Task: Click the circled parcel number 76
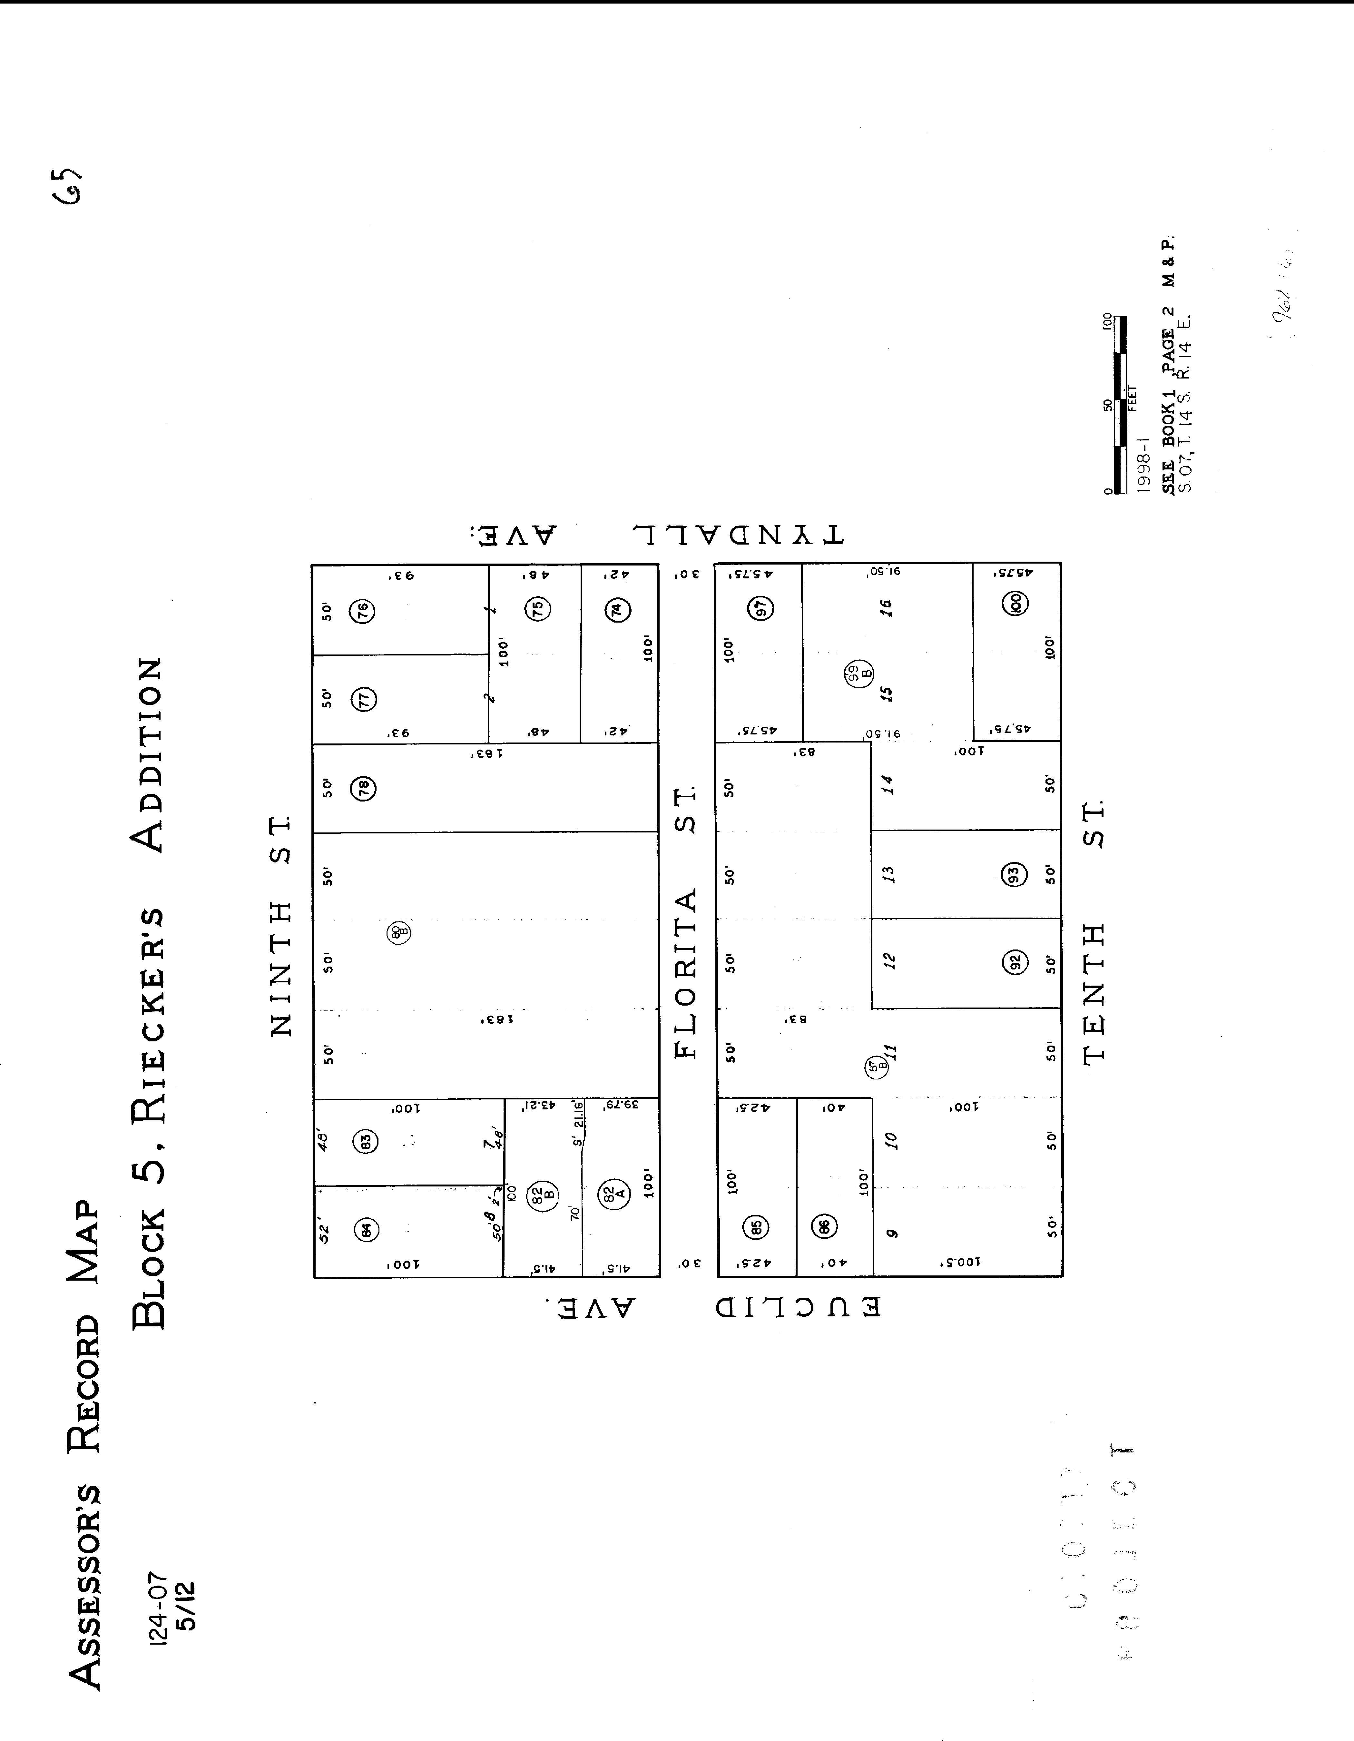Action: point(363,612)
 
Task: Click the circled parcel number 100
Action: point(1015,604)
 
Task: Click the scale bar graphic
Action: point(1117,405)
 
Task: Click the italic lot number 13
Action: point(889,874)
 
